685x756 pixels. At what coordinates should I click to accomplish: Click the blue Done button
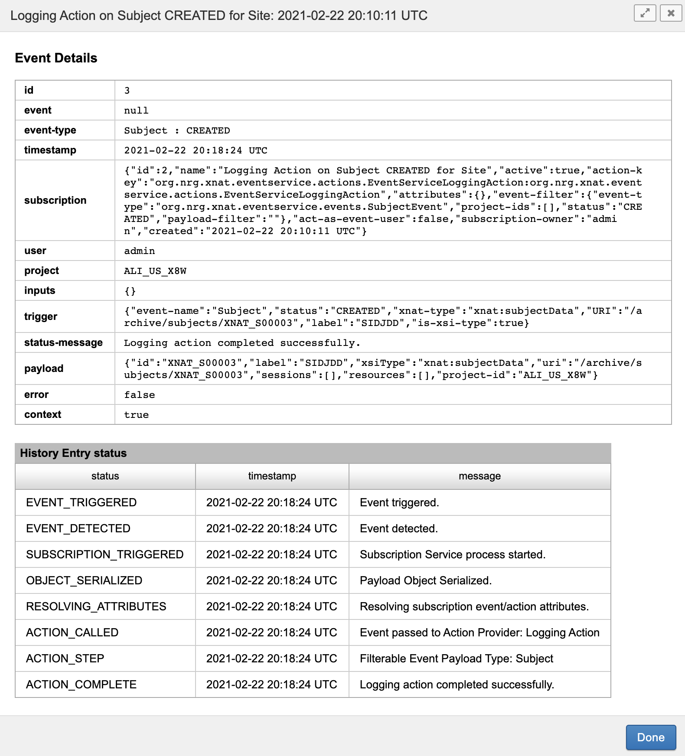coord(650,737)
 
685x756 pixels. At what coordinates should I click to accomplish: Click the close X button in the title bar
coord(671,13)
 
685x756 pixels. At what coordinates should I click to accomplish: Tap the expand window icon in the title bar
coord(645,13)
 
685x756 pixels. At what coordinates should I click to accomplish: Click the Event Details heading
coord(56,58)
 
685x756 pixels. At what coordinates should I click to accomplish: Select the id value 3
coord(127,91)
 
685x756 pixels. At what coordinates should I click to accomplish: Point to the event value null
coord(136,111)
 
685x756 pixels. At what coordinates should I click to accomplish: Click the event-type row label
coord(50,130)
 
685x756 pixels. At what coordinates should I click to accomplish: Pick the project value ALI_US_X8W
coord(155,271)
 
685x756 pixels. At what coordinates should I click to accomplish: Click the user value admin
coord(139,251)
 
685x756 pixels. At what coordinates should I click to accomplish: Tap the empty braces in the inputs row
coord(130,291)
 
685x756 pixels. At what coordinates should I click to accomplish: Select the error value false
coord(139,395)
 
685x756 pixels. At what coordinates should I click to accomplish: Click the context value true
coord(136,415)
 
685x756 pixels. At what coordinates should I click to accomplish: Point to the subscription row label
coord(55,200)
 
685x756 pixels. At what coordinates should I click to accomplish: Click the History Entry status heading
coord(73,453)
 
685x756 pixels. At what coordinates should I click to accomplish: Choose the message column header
coord(479,476)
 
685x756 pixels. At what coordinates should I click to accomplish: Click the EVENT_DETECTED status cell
coord(78,528)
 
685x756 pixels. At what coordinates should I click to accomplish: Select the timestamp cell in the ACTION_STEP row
coord(271,658)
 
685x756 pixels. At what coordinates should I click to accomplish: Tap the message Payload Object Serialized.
coord(425,580)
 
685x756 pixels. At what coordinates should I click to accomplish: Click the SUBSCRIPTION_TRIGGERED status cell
coord(104,554)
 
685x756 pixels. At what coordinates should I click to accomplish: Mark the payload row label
coord(44,368)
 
